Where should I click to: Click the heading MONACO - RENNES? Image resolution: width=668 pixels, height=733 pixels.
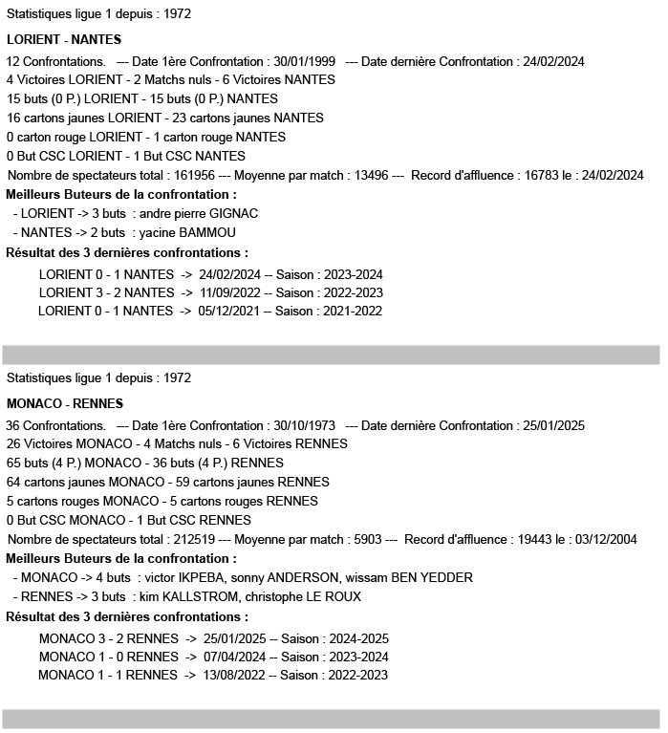click(x=65, y=403)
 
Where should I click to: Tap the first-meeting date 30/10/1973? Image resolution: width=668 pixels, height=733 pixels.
click(x=303, y=425)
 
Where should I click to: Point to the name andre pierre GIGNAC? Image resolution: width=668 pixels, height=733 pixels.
click(x=199, y=213)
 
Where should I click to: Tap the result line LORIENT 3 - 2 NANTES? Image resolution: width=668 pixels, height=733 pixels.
click(x=106, y=292)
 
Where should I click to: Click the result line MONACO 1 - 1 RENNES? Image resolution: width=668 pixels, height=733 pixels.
click(x=108, y=676)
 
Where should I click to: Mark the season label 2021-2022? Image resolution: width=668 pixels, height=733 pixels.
click(x=352, y=311)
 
